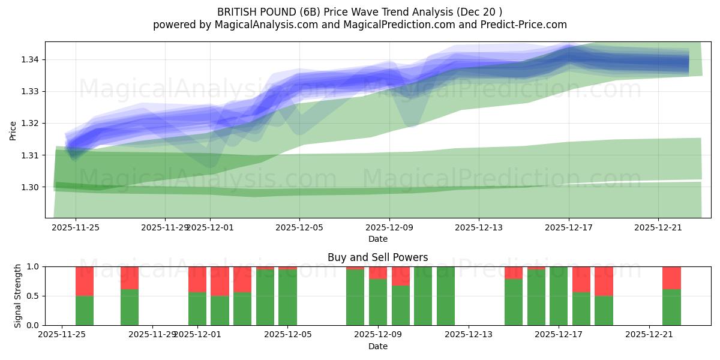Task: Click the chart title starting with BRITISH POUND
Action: coord(359,11)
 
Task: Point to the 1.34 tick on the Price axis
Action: coord(32,59)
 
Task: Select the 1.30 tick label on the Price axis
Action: coord(32,187)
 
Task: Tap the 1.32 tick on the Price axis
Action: coord(32,123)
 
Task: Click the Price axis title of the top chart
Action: coord(13,130)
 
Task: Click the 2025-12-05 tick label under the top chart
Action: coord(300,227)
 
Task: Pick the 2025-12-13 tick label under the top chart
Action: coord(479,227)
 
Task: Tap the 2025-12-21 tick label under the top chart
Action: coord(658,227)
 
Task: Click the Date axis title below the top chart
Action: coord(378,239)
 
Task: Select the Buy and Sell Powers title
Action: coord(378,257)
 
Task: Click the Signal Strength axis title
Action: coord(18,296)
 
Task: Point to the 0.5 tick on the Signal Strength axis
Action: coord(34,296)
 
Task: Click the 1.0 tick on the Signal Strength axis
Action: coord(34,266)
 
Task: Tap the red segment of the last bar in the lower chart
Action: coord(671,278)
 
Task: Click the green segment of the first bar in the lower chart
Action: coord(85,311)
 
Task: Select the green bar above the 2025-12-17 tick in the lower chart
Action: coord(559,296)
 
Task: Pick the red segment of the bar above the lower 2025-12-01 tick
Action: coord(197,279)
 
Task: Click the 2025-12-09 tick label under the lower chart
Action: coord(378,335)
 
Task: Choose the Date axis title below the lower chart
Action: coord(378,346)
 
